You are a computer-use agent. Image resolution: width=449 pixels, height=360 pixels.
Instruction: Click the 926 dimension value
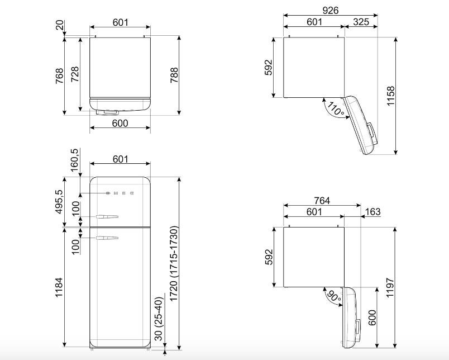point(331,10)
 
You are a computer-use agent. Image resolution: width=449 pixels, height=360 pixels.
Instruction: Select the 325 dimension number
point(361,22)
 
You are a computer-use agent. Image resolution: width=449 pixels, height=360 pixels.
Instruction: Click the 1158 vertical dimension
point(390,96)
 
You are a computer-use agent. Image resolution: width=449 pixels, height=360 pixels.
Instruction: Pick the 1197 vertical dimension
point(390,287)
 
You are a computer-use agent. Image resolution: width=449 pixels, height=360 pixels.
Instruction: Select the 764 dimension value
point(322,200)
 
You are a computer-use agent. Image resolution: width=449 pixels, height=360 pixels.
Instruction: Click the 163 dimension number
point(373,211)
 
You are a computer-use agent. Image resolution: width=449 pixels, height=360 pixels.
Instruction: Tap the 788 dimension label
point(174,75)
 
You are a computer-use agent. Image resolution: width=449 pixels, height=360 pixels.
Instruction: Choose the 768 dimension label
point(59,75)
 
